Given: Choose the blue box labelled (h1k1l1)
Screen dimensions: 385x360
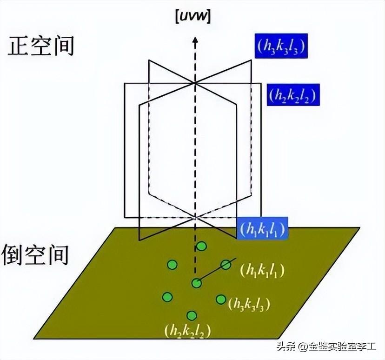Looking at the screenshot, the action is (261, 228).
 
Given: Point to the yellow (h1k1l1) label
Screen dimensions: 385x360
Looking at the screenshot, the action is (262, 270).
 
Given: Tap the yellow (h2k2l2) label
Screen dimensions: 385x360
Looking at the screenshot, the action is (187, 331).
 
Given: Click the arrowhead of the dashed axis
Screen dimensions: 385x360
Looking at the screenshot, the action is (195, 41).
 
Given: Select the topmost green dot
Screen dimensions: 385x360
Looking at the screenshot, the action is (201, 247).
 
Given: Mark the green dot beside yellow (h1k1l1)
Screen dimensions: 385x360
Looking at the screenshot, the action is (226, 265).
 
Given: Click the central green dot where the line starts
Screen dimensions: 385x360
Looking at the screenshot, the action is (197, 282).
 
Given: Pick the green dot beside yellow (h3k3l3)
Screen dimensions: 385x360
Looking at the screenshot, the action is (221, 299).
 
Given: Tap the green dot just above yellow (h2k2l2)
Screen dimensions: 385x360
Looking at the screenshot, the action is (191, 315).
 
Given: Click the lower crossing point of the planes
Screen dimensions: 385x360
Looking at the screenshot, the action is (195, 217).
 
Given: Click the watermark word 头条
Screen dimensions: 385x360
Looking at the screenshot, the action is (287, 347).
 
